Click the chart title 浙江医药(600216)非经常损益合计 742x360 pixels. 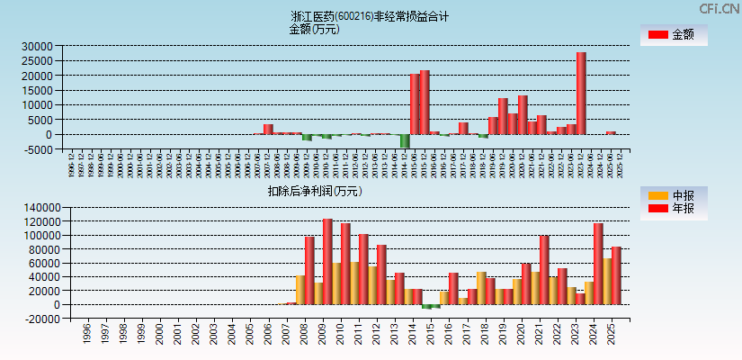pos(370,16)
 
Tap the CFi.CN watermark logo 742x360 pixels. pos(720,8)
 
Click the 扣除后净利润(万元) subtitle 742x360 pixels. pos(314,191)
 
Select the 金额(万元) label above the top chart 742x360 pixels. pos(314,29)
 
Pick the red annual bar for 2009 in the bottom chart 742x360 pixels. pos(327,261)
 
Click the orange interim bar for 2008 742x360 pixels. pos(300,289)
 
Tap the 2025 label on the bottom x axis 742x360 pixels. pos(612,332)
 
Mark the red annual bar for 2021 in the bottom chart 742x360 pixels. pos(544,270)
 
